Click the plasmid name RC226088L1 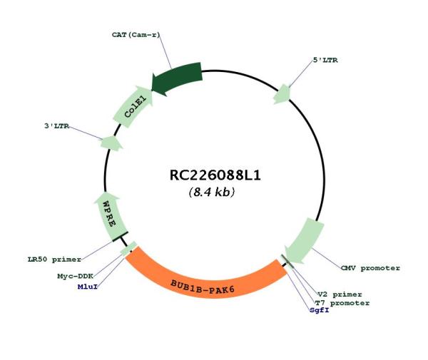[x=215, y=175]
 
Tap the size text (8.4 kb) [x=212, y=192]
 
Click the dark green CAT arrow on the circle [x=178, y=78]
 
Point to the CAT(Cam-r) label [x=136, y=35]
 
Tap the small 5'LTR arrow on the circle [x=282, y=94]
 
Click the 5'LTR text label [x=325, y=60]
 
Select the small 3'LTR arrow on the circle [x=111, y=143]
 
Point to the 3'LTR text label [x=56, y=126]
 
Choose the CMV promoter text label [x=370, y=268]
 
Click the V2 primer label [x=340, y=294]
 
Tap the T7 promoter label [x=342, y=303]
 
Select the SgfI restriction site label [x=320, y=310]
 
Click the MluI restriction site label [x=88, y=287]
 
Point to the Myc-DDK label [x=76, y=276]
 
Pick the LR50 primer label [x=55, y=259]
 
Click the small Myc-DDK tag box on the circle [x=129, y=249]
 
